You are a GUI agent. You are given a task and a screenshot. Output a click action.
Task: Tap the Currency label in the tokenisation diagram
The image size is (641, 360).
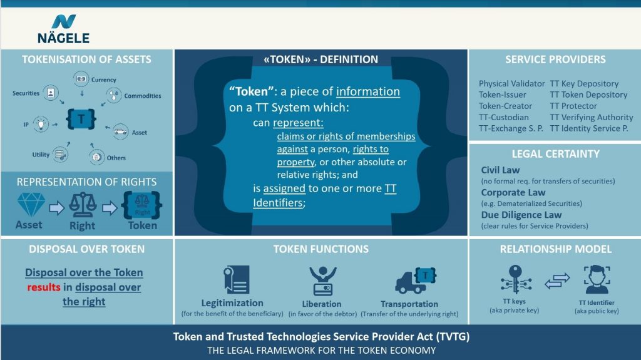point(103,80)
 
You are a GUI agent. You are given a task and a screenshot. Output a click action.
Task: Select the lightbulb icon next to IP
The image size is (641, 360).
point(41,124)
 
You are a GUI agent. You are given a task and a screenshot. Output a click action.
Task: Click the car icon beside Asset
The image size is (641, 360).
point(121,133)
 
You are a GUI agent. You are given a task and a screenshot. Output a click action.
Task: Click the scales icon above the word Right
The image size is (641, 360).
point(82,205)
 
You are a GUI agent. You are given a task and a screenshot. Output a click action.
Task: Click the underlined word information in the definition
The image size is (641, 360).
point(367,91)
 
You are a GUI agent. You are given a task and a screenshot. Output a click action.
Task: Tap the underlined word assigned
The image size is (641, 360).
point(284,188)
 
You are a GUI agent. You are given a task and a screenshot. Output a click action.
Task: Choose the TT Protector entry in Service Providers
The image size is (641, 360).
point(574,106)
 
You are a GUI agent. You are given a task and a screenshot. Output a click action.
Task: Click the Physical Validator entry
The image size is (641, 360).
point(511,83)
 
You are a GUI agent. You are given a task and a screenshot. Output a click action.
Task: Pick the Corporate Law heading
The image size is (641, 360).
point(513,193)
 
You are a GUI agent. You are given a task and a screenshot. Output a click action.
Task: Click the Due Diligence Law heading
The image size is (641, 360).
point(521,215)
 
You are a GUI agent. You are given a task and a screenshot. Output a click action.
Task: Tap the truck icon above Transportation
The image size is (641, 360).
point(415,280)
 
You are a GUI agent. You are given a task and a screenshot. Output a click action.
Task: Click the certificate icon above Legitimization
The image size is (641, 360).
point(236,280)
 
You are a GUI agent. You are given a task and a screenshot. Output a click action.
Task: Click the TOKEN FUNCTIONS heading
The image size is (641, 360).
point(320,249)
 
